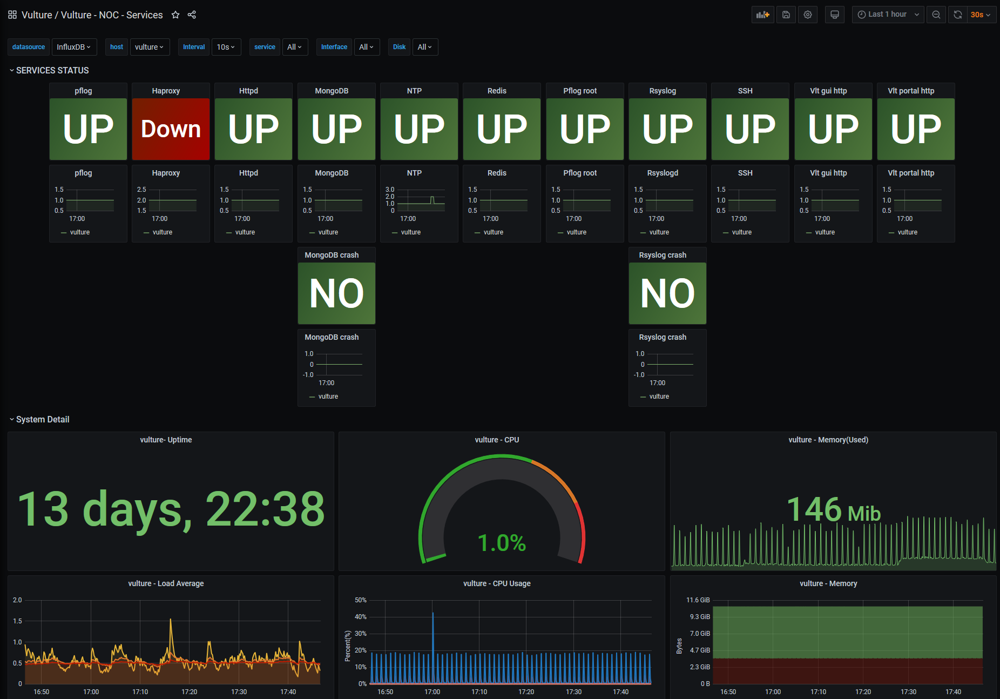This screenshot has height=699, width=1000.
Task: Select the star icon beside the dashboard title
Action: (x=175, y=15)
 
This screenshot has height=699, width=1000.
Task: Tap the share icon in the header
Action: (x=192, y=15)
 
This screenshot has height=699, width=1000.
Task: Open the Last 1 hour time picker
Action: (x=888, y=15)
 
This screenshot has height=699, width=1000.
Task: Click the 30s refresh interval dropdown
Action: (x=980, y=15)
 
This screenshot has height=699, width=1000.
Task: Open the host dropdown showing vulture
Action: (x=150, y=47)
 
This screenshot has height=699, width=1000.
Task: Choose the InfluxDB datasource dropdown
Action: (x=74, y=47)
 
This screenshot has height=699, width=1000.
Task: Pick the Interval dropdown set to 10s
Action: (x=226, y=47)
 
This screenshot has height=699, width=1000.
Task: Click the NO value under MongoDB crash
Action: (x=336, y=293)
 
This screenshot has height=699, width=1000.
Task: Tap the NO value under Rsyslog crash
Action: (x=667, y=293)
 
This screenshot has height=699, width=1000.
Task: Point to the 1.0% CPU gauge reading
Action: (x=502, y=543)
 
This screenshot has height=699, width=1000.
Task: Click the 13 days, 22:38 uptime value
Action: (x=171, y=508)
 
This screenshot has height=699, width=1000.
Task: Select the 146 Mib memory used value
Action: (x=833, y=509)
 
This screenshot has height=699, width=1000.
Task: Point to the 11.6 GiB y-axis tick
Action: (x=698, y=600)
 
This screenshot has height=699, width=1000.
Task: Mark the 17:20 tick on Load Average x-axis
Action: (x=190, y=691)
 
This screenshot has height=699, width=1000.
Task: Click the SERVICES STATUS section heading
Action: (x=52, y=70)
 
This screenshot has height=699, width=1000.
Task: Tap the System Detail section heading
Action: (x=43, y=419)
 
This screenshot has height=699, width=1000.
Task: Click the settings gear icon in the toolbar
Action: (x=808, y=15)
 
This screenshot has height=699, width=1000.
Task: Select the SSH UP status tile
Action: (x=750, y=129)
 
